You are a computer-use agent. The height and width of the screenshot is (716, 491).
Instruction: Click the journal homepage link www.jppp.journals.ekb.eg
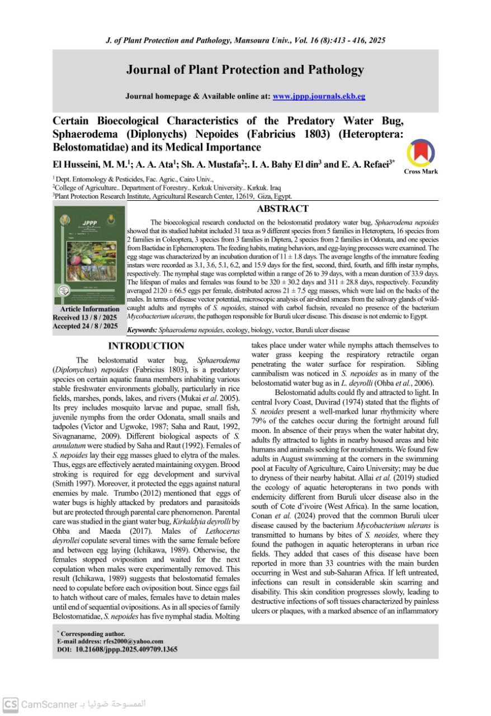319,96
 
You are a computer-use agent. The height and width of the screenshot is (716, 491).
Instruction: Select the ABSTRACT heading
282,209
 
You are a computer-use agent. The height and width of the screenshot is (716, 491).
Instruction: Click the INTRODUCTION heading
146,346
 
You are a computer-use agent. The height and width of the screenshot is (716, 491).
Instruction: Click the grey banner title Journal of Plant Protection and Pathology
245,70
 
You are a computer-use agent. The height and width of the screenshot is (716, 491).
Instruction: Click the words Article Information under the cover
89,309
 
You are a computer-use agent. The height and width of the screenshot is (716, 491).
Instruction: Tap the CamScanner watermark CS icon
10,704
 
